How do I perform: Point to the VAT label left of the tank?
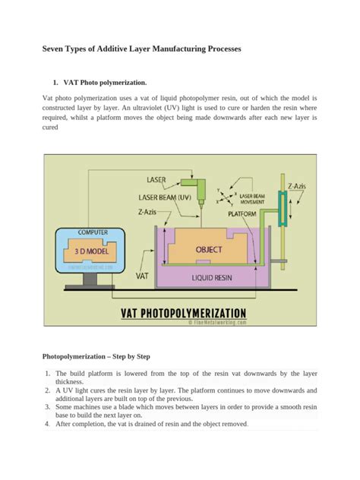coord(142,277)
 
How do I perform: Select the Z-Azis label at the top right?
coord(298,185)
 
